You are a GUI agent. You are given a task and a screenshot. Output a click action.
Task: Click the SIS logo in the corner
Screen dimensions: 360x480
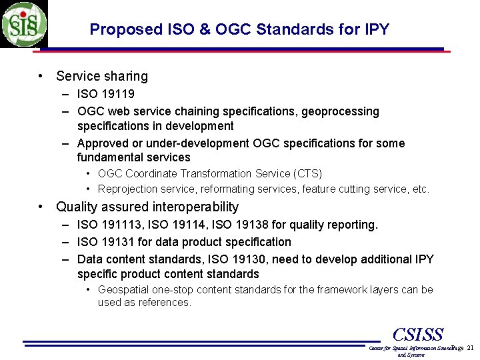24,24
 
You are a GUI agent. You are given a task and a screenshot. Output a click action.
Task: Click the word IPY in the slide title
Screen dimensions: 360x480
377,29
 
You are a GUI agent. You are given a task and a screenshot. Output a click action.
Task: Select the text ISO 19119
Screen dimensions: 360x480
105,94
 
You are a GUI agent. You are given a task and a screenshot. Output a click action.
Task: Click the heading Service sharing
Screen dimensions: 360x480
102,77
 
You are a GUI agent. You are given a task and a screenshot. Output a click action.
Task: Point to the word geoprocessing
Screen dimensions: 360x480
340,111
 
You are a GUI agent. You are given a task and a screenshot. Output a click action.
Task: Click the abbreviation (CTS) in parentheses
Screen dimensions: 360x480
307,174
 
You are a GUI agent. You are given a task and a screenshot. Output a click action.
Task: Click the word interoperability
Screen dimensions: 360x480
195,207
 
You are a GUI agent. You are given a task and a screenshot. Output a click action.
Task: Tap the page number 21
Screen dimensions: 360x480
471,348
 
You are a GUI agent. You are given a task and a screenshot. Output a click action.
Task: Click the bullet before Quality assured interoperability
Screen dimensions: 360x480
41,207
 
